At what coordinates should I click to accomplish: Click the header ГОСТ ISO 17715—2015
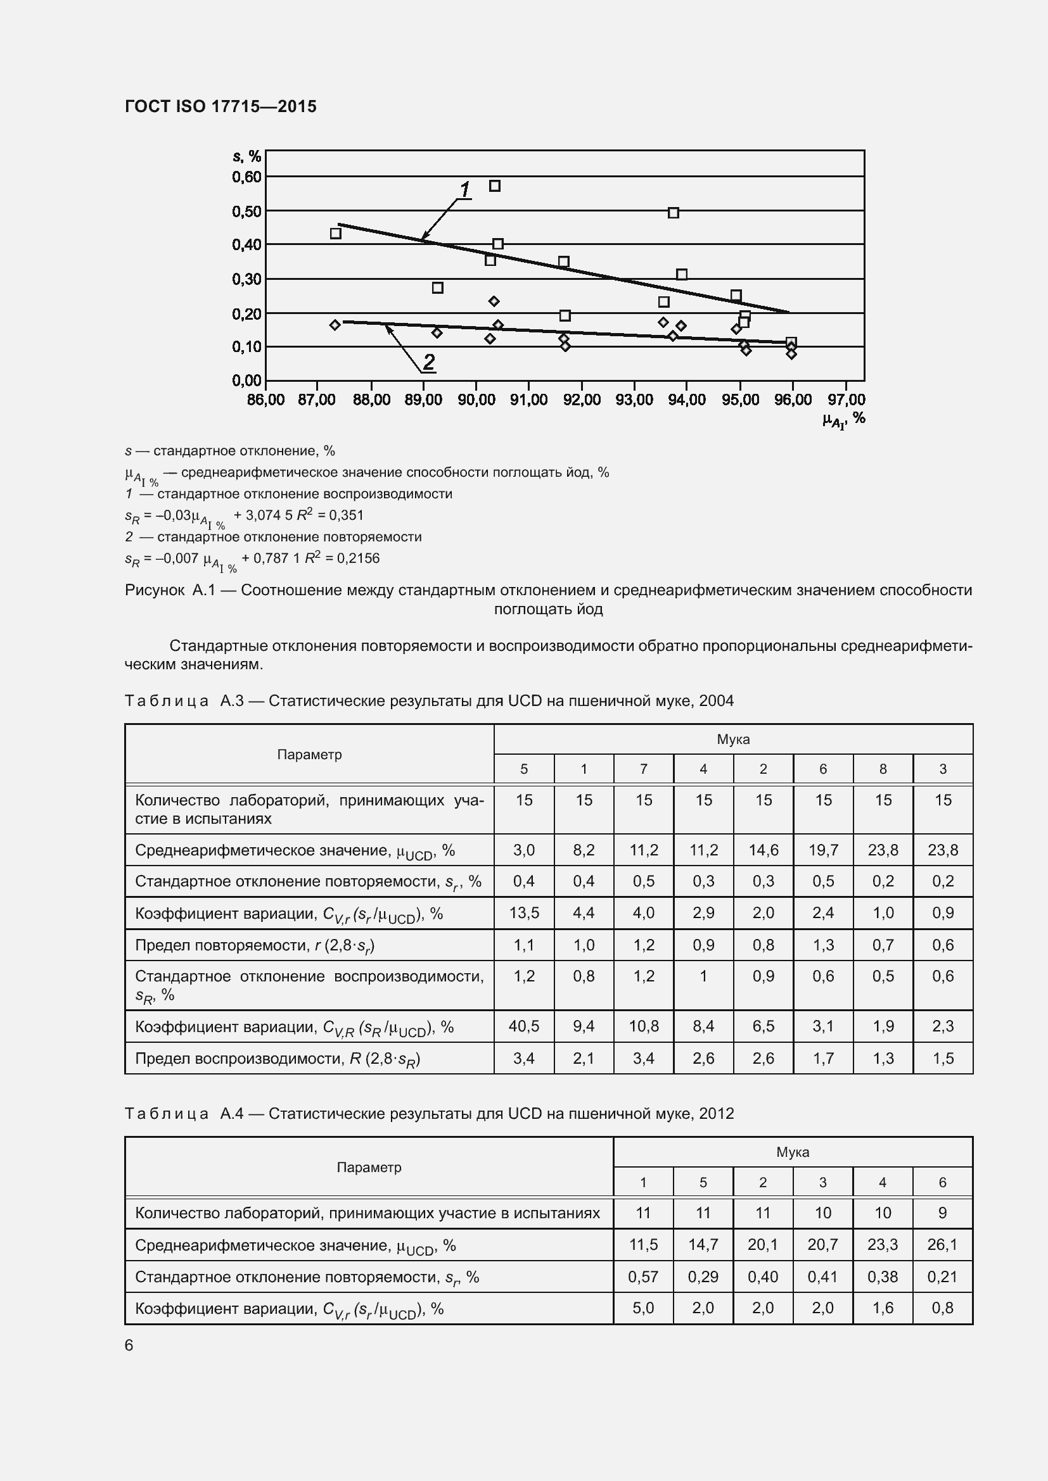coord(220,106)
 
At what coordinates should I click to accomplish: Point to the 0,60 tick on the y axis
coord(246,177)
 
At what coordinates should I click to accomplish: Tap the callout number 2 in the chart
coord(428,362)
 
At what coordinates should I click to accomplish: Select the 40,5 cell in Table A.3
coord(523,1026)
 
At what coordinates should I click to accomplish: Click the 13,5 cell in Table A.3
coord(523,913)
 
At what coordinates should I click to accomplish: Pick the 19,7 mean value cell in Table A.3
coord(823,850)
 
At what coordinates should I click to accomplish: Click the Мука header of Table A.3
coord(733,739)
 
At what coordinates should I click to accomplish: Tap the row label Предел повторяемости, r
coord(254,945)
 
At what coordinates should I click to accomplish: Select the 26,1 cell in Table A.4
coord(942,1244)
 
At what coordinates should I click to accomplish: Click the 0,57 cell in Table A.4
coord(642,1276)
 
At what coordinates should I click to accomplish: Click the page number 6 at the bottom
coord(129,1345)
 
